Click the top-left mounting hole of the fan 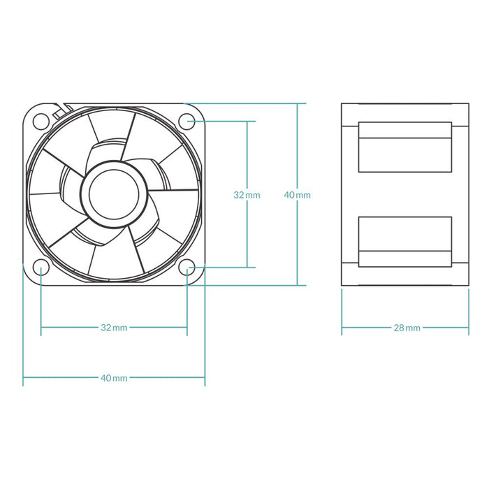(41, 121)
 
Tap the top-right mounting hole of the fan (187, 121)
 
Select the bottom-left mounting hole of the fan (41, 267)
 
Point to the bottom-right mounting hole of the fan (187, 267)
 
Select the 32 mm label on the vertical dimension (247, 195)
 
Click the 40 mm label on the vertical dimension (298, 195)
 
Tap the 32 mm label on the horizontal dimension (114, 327)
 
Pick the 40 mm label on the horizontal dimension (114, 378)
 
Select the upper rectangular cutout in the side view (404, 147)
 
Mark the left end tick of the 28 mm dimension (342, 327)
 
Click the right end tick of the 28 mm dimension (469, 327)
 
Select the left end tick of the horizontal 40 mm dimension (24, 378)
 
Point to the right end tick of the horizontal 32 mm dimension (187, 327)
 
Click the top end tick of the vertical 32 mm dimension (247, 121)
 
